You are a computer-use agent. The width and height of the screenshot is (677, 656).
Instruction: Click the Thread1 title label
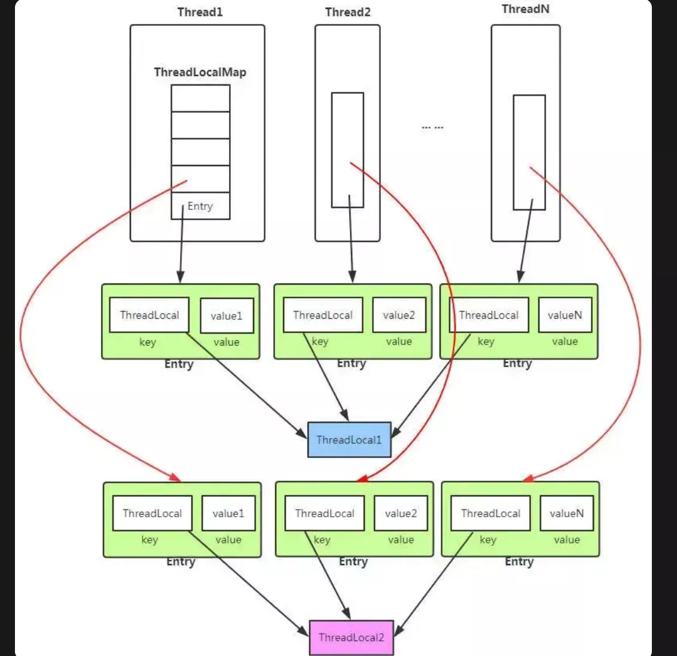200,13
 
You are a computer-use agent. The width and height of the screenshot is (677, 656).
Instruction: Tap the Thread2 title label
347,13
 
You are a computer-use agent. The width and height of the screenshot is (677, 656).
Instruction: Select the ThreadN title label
525,9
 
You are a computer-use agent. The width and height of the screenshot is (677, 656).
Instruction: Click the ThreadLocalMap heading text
200,72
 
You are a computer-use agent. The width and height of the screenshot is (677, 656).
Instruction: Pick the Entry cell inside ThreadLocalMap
200,206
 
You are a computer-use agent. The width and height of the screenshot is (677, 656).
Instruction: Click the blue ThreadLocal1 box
349,440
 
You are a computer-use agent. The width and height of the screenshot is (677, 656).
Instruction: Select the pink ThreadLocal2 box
351,637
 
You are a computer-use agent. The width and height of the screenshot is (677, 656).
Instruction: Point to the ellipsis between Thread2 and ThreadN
432,127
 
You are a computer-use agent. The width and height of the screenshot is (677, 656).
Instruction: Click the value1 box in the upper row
227,316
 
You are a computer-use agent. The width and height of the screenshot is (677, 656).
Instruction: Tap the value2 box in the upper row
399,315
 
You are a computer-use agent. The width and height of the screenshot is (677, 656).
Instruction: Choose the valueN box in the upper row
565,315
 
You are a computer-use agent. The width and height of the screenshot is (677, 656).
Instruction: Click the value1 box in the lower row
228,513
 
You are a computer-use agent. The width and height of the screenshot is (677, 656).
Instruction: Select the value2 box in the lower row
401,513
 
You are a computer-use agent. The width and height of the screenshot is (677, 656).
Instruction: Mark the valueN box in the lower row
566,513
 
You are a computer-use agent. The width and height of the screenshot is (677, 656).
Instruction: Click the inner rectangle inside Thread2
347,149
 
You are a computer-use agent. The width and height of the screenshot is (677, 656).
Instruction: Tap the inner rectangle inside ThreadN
529,152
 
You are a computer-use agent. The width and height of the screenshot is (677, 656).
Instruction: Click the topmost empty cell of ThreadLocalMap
200,98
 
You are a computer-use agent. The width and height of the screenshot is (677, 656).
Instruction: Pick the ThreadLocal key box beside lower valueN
490,513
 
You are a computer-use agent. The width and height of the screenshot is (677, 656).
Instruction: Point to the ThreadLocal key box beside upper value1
150,315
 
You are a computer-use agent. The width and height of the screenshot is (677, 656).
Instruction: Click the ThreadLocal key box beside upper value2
323,315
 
